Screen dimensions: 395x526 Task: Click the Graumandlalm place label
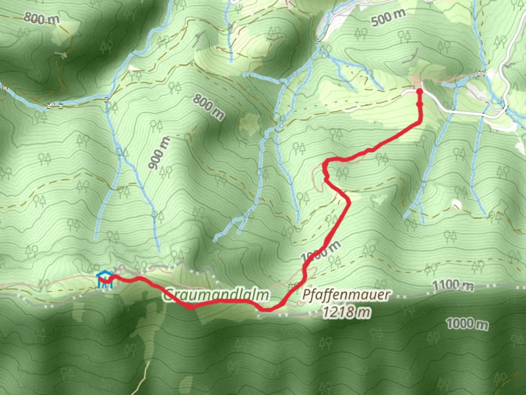(216, 295)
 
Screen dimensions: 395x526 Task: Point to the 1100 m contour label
(453, 285)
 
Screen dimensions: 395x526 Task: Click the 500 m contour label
(388, 17)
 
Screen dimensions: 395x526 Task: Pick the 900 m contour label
(160, 153)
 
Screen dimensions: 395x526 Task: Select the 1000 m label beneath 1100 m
(467, 324)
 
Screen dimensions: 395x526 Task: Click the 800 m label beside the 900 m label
(208, 106)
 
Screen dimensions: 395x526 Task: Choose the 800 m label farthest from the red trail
(41, 18)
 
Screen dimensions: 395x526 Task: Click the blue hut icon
(104, 280)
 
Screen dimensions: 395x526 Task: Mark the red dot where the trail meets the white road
(419, 91)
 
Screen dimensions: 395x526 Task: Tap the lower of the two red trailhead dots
(420, 104)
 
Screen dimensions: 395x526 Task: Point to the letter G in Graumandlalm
(168, 295)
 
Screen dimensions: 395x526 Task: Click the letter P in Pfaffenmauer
(306, 295)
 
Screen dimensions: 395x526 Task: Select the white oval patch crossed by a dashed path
(456, 203)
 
